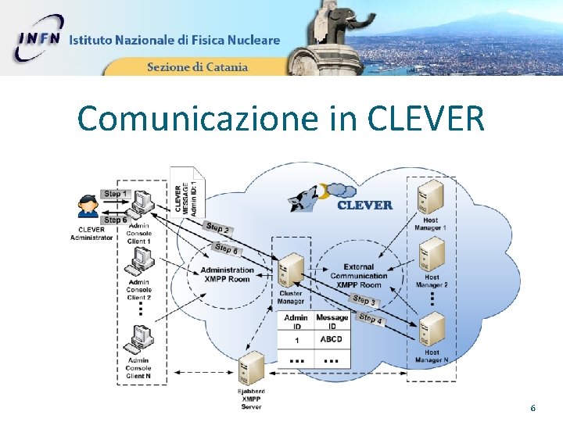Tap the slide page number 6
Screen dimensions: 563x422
(533, 408)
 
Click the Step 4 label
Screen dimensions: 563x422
(370, 319)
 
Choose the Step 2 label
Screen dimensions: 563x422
(217, 228)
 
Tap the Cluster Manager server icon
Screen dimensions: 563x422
(291, 270)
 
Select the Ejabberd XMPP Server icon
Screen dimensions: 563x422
(251, 367)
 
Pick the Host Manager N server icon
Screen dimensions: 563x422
(432, 330)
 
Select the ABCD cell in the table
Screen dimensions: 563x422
(332, 340)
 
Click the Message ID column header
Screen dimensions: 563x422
(332, 322)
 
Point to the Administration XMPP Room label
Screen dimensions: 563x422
(228, 274)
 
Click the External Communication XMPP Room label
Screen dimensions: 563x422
(359, 276)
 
